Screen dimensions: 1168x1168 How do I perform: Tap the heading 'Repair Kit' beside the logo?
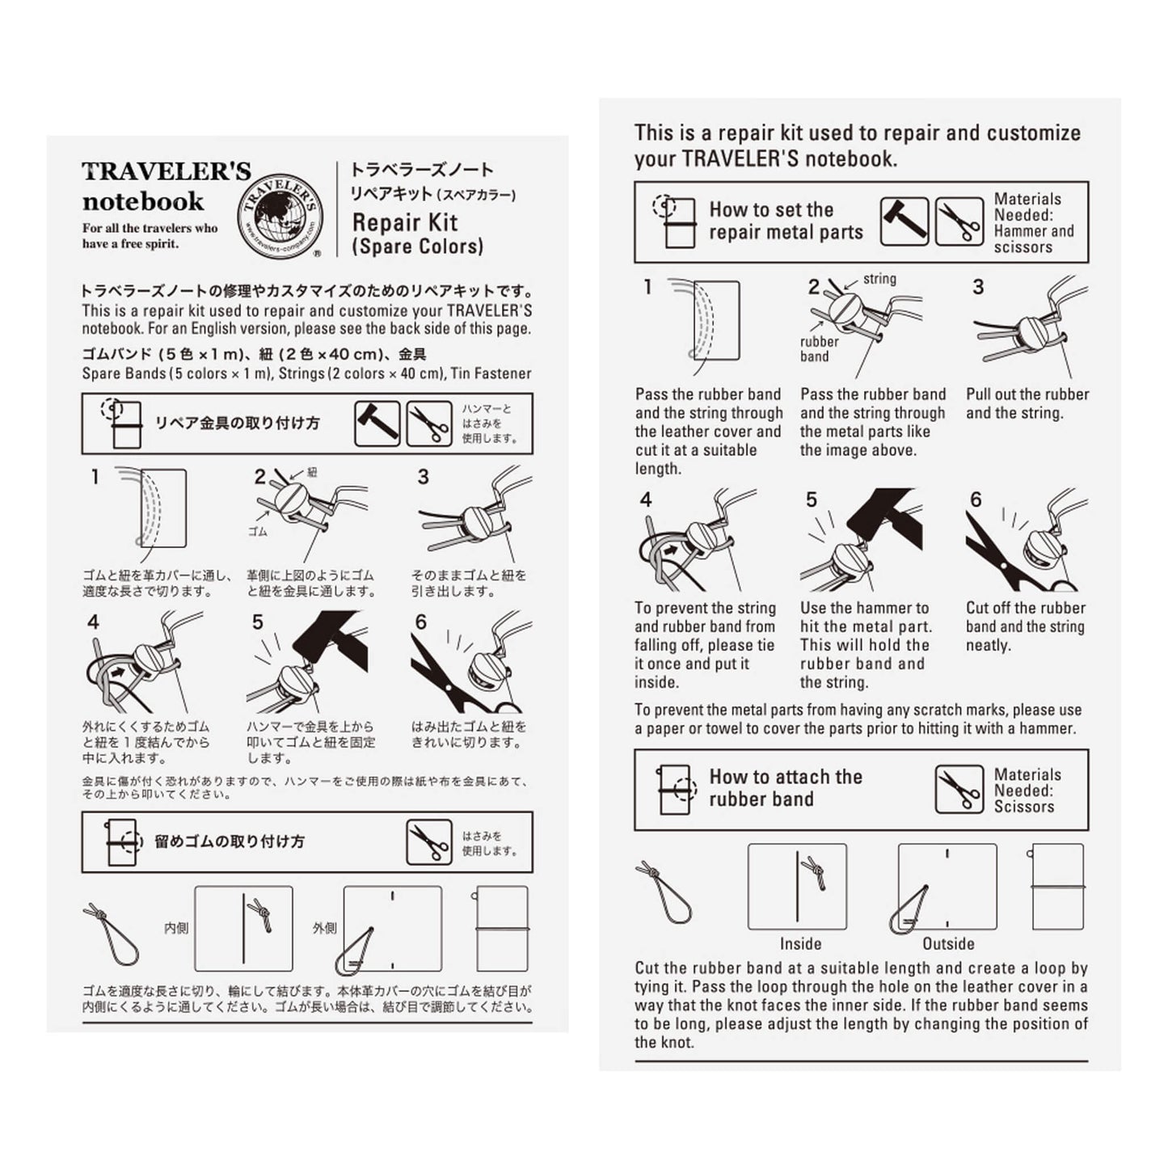(405, 222)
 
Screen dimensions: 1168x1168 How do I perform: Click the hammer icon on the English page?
(903, 221)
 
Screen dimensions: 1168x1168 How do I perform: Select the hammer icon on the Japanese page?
(377, 423)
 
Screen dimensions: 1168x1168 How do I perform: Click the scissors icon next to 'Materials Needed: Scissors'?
(959, 790)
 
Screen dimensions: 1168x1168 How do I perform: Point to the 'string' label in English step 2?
(879, 279)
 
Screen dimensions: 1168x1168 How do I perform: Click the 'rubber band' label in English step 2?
(819, 348)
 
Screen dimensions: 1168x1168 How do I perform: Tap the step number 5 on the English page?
(811, 500)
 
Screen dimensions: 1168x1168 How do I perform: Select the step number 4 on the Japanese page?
(94, 622)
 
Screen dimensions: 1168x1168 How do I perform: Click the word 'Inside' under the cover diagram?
(800, 943)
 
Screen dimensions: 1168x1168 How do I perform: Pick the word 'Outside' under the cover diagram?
(948, 943)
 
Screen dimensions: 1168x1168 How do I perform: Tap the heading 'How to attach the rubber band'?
(785, 788)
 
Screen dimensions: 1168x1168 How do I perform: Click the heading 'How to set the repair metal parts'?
(785, 221)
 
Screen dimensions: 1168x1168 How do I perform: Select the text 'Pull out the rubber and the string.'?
(1027, 403)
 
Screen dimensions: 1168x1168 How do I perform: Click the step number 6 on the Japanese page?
(420, 622)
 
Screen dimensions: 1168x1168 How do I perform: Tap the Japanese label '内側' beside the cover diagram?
(176, 928)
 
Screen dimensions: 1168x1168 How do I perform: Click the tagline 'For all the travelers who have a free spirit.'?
(150, 235)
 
